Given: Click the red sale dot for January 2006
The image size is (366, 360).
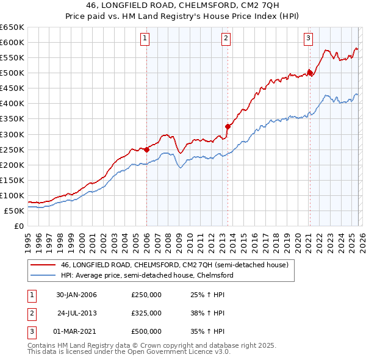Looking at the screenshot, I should (x=146, y=149).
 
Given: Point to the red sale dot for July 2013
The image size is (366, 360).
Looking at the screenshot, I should (x=228, y=126).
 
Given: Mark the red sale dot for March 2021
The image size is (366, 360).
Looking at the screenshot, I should (x=309, y=73).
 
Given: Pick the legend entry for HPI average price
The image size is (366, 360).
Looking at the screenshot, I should (x=146, y=275).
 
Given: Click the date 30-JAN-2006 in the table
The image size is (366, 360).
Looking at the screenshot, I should (x=76, y=295).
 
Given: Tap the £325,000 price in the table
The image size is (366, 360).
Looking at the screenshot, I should (x=146, y=313).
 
